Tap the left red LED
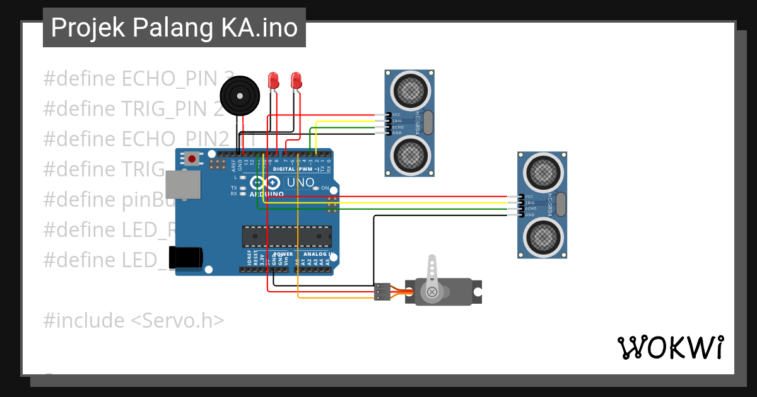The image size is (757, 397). tap(274, 81)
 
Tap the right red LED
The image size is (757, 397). tap(296, 81)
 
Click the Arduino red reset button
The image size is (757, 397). tap(191, 159)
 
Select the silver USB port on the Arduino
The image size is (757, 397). tap(183, 187)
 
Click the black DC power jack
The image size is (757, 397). tap(186, 257)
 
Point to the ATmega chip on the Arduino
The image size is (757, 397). tap(287, 236)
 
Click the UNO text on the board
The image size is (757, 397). tap(300, 183)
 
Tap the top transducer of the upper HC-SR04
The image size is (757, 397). tap(409, 90)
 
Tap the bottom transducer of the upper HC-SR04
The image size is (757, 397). tap(409, 154)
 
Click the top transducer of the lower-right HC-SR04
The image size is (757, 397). tap(542, 171)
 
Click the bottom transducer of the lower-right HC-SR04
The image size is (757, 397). tap(542, 236)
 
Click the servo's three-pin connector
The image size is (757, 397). tap(381, 292)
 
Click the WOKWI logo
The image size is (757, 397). tap(670, 347)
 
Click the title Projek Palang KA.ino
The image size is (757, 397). tap(174, 28)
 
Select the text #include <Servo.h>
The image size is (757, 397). tap(133, 320)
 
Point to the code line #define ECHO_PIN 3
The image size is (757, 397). tap(132, 79)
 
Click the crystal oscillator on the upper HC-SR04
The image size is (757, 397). tap(428, 122)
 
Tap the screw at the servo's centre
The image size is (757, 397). tap(432, 292)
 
